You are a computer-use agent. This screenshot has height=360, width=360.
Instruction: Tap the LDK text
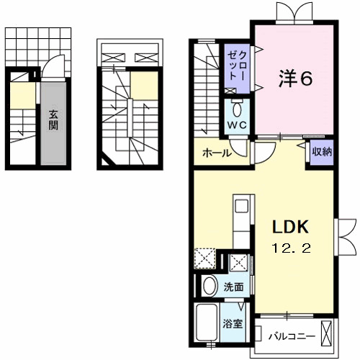(x=290, y=228)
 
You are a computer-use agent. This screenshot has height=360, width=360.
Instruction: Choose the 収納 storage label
(x=321, y=151)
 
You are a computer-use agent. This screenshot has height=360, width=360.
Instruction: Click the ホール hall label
(x=216, y=153)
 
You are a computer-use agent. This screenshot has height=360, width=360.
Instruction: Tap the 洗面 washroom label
(x=233, y=286)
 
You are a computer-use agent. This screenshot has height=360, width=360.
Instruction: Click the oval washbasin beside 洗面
(x=210, y=287)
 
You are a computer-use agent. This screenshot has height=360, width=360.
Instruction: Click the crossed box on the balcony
(x=328, y=334)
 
